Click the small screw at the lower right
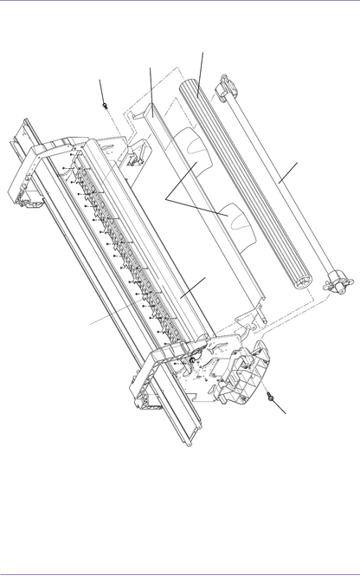coord(272,398)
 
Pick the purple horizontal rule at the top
coord(180,2)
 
